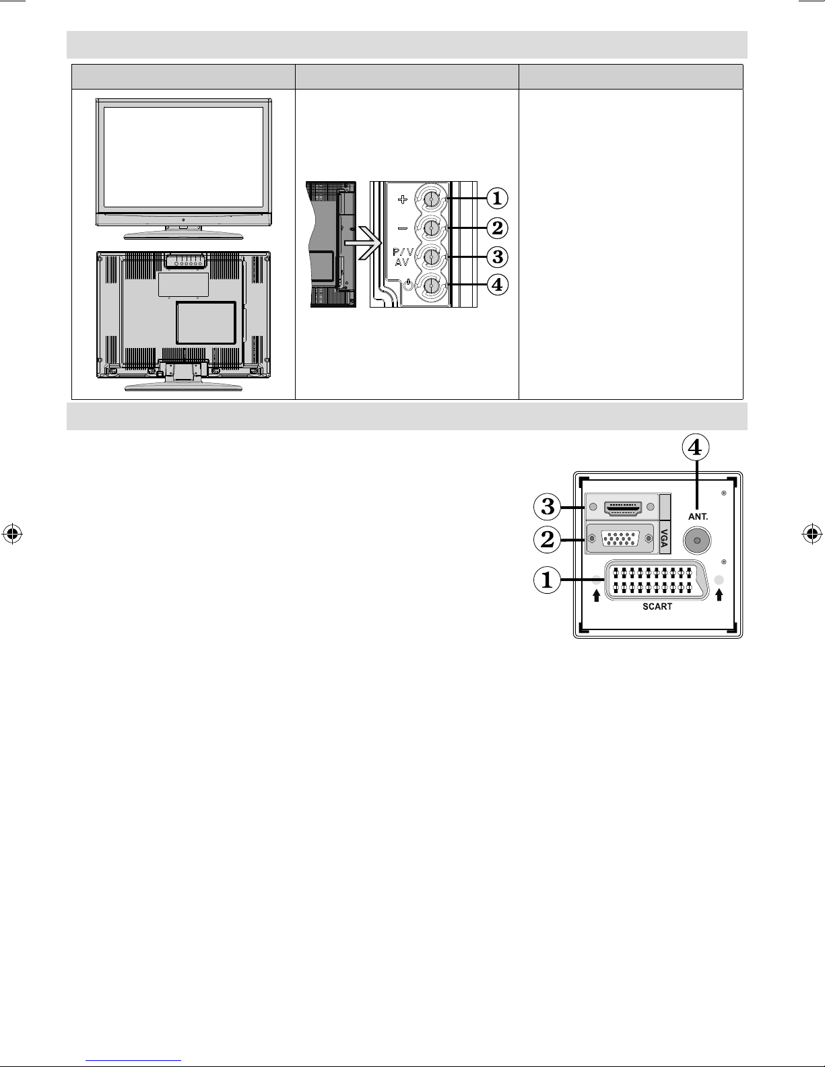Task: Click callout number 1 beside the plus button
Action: [497, 199]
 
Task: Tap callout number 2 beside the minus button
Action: [497, 228]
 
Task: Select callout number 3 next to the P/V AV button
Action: [497, 256]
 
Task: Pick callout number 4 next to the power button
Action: [497, 285]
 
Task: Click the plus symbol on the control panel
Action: [403, 199]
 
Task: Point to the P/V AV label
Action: [403, 257]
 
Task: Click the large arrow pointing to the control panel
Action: [364, 243]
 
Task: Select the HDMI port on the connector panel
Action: [623, 508]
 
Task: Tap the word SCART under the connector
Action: [657, 607]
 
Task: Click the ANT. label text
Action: [698, 516]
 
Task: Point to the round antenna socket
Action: [697, 540]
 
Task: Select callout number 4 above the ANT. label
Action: [696, 447]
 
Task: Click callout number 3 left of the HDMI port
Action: [548, 507]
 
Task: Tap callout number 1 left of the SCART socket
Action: [547, 580]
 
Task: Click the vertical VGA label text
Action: [665, 538]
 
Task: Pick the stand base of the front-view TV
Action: [183, 235]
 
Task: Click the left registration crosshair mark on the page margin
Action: [13, 533]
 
